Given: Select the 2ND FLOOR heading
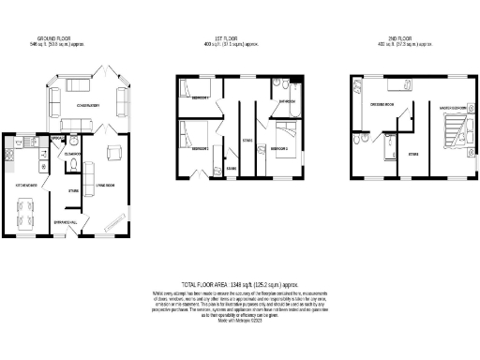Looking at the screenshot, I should (404, 39).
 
